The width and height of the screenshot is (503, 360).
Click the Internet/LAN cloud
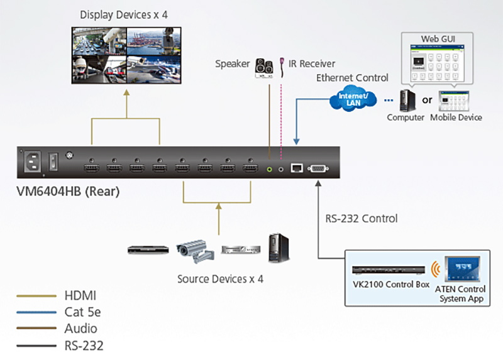coord(353,99)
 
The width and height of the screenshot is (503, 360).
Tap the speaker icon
coord(264,68)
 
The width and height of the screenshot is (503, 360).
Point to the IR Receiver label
coord(312,64)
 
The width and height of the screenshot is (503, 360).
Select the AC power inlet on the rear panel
coord(33,161)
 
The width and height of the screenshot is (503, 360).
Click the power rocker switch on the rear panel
coord(53,161)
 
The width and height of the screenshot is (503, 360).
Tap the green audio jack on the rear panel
coord(270,169)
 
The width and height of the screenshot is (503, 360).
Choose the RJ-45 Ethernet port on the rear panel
coord(297,168)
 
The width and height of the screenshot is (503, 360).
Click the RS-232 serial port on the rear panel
coord(318,168)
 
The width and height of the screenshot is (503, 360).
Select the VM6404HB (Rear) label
coord(68,192)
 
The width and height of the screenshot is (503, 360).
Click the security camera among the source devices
coord(195,251)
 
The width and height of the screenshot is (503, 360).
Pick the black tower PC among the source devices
coord(279,248)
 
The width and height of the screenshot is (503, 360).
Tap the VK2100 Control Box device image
coord(389,270)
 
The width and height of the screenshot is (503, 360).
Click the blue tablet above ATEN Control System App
coord(462,269)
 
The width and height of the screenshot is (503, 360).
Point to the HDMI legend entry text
coord(80,295)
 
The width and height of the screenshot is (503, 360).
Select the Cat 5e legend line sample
coord(36,312)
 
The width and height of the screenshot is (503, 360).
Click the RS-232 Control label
coord(362,219)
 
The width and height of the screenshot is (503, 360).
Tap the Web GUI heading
coord(438,39)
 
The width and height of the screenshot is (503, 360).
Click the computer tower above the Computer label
coord(407,101)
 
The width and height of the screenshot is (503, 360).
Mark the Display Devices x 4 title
coord(124,14)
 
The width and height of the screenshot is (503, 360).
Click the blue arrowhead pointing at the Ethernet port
coord(296,141)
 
